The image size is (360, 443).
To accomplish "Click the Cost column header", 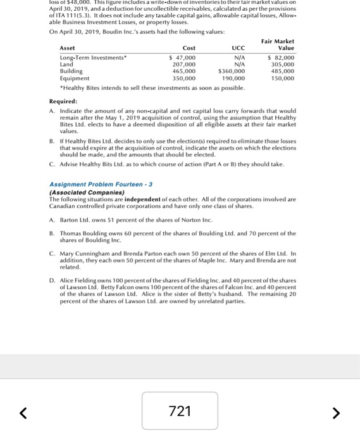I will point(189,48).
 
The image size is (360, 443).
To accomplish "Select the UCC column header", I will point(238,48).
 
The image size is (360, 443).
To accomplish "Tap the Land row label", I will point(66,65).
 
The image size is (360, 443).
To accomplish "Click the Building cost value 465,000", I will point(184,72).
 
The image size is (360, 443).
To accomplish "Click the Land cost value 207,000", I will point(184,65).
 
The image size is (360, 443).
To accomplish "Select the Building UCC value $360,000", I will point(231,72).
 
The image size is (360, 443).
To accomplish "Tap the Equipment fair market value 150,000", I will point(282,78).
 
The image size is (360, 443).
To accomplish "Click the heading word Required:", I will point(63,101).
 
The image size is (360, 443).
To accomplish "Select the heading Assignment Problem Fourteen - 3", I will point(101,185).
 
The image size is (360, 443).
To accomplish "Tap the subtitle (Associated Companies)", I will point(82,192).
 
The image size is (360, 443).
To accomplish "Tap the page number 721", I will point(180,411).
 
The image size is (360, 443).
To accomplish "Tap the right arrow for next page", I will point(337,413).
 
